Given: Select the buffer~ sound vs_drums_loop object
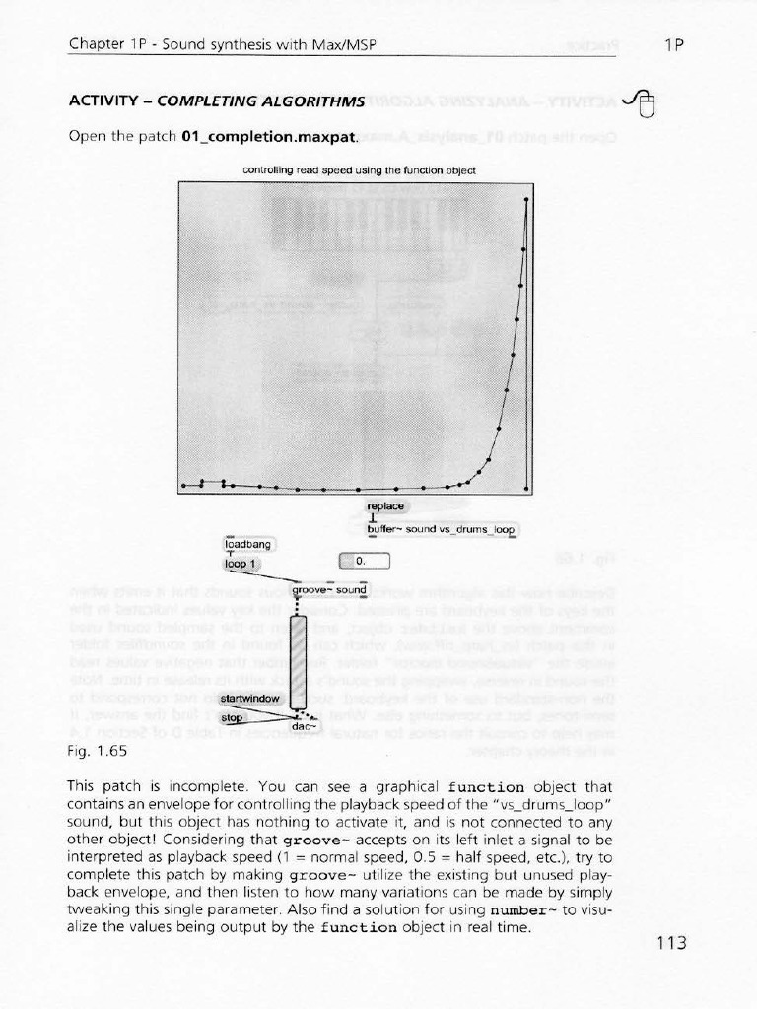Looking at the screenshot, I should click(441, 529).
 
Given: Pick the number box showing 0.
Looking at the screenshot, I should click(365, 562).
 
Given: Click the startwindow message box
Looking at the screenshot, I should click(251, 698).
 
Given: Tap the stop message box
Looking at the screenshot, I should click(232, 718).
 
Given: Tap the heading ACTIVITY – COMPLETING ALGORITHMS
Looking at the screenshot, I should click(215, 101).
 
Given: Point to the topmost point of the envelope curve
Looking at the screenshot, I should click(527, 199).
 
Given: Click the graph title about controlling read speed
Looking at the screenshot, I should click(359, 169).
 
